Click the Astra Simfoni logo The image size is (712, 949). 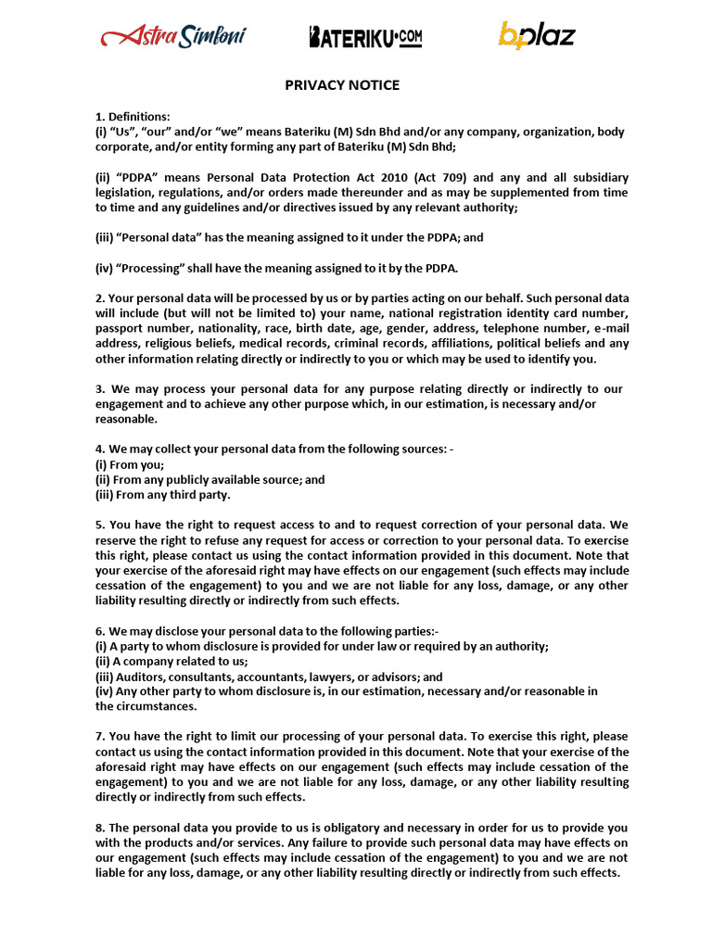[x=173, y=37]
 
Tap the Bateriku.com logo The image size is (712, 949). [x=365, y=37]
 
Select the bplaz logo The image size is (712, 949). [x=537, y=36]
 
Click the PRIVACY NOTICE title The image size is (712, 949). [x=342, y=85]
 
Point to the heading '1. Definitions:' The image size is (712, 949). [x=133, y=117]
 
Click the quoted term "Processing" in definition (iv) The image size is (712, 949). [x=146, y=268]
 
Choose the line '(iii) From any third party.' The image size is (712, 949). [x=162, y=495]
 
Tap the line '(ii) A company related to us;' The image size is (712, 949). [x=172, y=661]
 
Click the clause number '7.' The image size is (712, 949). [x=100, y=737]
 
